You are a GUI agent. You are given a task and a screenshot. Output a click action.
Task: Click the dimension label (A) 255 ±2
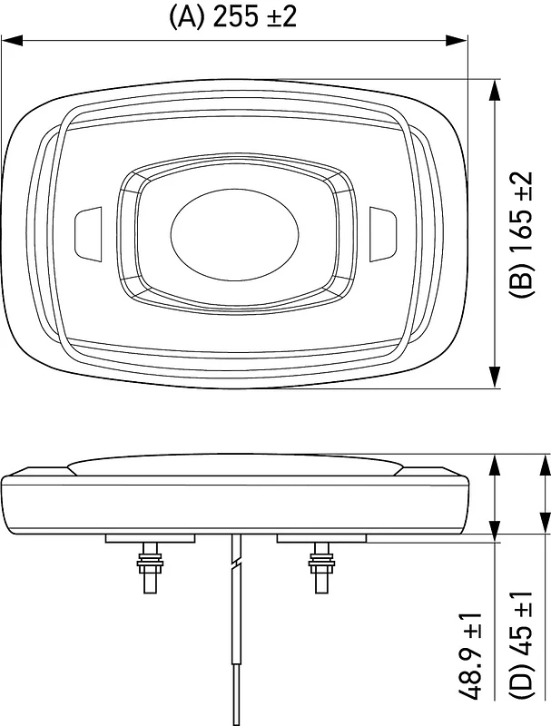tap(232, 17)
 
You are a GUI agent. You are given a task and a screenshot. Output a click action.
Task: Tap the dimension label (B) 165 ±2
tap(521, 234)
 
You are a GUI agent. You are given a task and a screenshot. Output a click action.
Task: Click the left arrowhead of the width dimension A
tap(12, 40)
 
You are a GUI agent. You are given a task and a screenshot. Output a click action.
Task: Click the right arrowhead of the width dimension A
tap(457, 40)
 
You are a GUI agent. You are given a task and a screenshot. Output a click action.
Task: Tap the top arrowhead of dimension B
tap(495, 90)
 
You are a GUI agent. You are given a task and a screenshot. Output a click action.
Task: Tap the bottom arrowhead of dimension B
tap(495, 377)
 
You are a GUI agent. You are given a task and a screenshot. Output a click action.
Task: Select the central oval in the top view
tap(235, 234)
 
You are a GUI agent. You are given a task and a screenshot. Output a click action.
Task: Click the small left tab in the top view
tap(88, 235)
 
